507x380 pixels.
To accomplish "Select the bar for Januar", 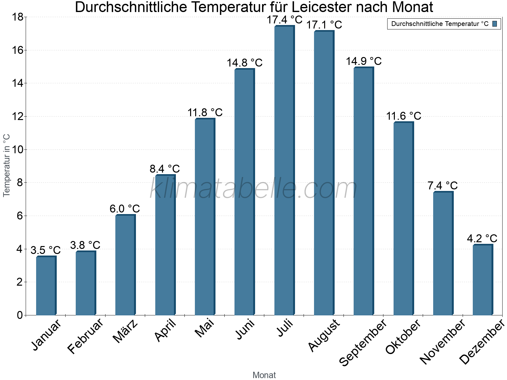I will pos(46,286).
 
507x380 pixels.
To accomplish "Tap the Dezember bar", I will pos(483,280).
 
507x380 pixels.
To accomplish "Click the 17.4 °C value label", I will pos(284,20).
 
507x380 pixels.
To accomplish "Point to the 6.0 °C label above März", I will pos(125,209).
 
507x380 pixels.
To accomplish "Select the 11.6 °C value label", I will pos(403,116).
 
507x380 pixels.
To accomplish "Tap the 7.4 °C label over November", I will pos(443,186).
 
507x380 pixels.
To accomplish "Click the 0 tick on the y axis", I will pos(20,315).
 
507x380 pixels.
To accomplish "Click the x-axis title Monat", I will pos(264,375).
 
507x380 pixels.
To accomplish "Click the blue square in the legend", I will pos(495,24).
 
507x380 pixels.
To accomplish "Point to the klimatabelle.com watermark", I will pos(253,189).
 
